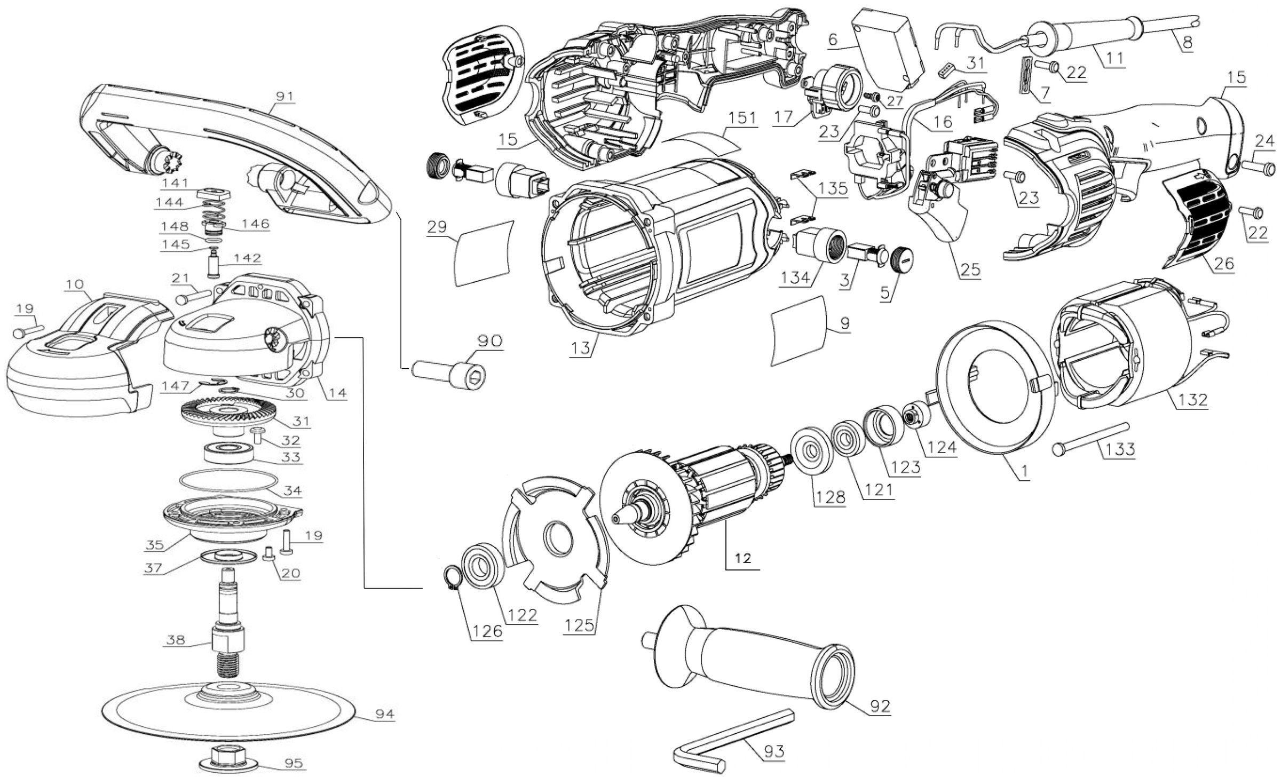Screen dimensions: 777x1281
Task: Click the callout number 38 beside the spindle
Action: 176,639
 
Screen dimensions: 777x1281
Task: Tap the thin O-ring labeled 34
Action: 230,479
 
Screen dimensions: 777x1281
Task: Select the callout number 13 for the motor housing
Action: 581,348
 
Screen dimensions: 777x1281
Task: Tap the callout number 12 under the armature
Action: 743,558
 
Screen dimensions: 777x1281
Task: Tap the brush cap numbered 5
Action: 900,257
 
